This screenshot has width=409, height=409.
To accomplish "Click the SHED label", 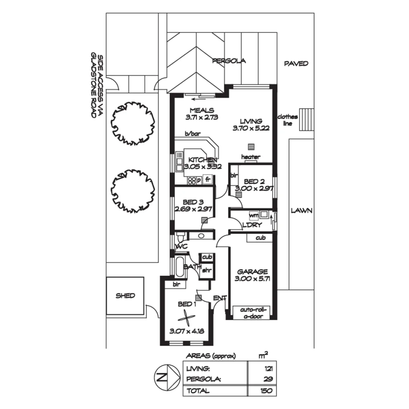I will click(125, 296).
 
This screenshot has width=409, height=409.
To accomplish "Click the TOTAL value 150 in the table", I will click(266, 391).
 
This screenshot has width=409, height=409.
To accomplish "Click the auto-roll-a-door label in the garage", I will click(251, 313).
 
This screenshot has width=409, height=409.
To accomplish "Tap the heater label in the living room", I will click(251, 157).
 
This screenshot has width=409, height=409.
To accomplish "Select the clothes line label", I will click(288, 120).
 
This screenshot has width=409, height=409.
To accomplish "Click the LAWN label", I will click(301, 211).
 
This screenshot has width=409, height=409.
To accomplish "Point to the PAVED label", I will click(296, 64).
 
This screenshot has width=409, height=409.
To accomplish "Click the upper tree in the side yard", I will click(133, 123).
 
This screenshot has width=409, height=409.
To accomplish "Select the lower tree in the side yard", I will click(133, 191).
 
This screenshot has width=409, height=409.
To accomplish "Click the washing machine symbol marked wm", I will click(253, 215).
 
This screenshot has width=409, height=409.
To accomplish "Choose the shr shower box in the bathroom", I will click(206, 270).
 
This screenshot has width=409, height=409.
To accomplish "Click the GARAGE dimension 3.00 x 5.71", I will click(252, 279).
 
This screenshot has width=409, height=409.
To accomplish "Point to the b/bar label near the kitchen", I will click(192, 134).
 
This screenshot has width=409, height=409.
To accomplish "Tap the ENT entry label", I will click(219, 298).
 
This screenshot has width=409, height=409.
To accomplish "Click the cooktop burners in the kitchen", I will click(192, 181).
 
